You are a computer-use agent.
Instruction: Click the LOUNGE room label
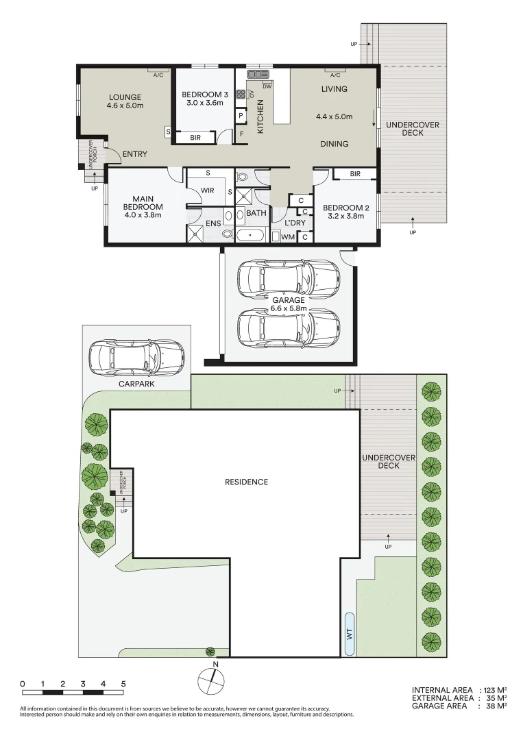click(x=124, y=97)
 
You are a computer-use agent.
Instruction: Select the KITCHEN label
click(x=260, y=116)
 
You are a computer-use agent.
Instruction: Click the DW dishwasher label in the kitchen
click(x=267, y=86)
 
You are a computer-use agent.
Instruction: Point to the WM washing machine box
click(x=288, y=237)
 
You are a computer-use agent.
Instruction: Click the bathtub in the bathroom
click(x=252, y=236)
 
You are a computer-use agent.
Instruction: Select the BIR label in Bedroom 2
click(x=354, y=174)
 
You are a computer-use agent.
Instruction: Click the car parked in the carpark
click(x=136, y=358)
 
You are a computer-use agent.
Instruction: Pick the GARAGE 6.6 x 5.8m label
click(x=288, y=304)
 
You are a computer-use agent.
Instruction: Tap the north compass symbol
click(x=211, y=680)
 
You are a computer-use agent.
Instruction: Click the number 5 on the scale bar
click(x=123, y=684)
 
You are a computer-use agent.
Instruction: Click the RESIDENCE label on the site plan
click(x=246, y=482)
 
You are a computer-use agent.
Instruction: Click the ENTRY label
click(x=134, y=154)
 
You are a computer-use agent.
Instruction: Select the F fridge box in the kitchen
click(x=241, y=134)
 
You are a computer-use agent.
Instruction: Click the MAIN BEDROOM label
click(x=143, y=207)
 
